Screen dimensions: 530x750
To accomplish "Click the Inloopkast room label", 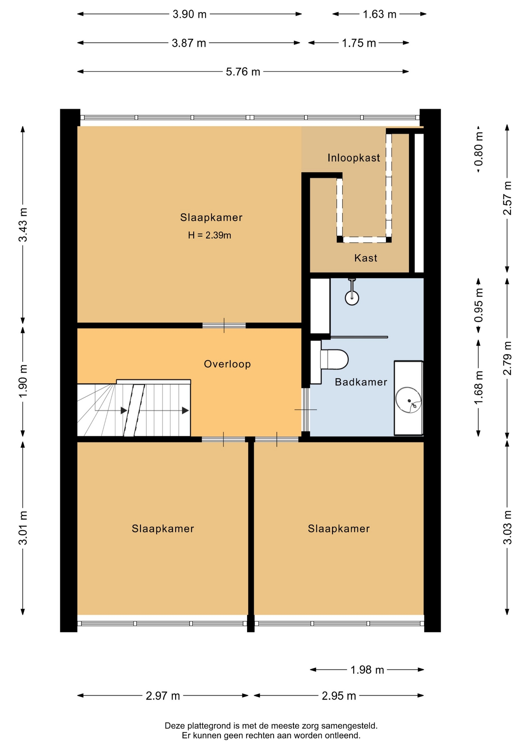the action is coord(354,158).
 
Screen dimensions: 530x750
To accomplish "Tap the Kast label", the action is coord(366,258).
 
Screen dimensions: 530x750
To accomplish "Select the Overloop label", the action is coord(227,364).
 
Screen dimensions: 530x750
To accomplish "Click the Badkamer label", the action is coord(361,382).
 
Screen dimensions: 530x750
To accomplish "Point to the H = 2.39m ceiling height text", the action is coord(210,235).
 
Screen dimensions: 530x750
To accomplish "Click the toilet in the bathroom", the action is coord(334,359).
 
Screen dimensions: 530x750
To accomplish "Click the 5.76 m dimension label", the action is coord(243,72).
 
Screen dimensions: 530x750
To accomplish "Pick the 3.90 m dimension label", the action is coord(189,14).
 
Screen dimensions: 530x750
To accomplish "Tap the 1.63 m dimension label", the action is coord(379,14).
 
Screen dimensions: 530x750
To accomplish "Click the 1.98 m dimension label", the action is coord(367,670).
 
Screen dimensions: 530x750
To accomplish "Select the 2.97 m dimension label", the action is coord(163,696).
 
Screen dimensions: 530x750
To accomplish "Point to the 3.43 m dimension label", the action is coord(23,225).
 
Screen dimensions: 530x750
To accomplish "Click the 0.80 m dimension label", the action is coord(478,149).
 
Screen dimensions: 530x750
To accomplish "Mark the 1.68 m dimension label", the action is coord(478,387).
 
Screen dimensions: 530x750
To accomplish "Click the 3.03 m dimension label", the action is coord(507,527).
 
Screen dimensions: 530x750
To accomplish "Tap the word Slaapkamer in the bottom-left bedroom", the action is coord(163,529).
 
